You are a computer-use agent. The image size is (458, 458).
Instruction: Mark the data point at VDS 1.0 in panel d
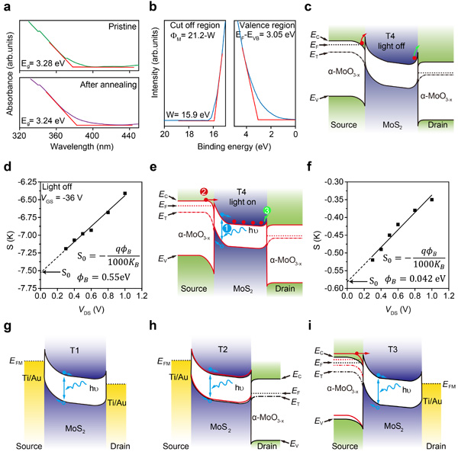pos(125,194)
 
